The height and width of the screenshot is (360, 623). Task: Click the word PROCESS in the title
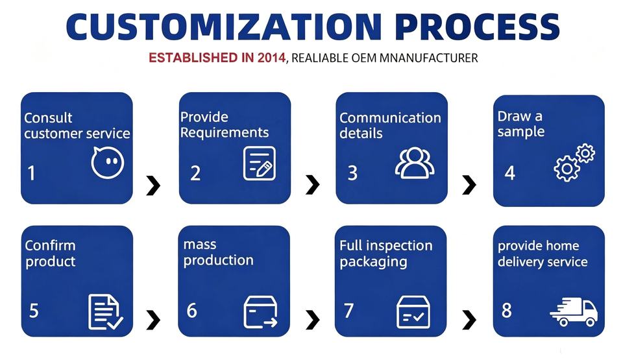477,27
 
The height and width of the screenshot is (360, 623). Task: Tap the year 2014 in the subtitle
271,58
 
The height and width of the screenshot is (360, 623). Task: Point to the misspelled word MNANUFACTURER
428,58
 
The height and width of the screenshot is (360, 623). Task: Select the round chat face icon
107,162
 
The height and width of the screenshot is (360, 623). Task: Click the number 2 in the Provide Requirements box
195,173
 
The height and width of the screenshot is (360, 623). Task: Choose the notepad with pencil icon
260,163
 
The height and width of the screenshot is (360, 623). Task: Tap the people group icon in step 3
415,163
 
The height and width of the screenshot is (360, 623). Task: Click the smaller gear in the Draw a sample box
585,153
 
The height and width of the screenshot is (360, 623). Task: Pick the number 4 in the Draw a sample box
510,173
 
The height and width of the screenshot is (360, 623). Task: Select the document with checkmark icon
105,312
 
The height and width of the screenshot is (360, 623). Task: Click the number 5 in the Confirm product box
34,311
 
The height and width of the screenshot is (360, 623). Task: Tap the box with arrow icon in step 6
260,312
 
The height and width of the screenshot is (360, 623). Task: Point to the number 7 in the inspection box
349,311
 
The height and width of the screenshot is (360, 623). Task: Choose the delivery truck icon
574,312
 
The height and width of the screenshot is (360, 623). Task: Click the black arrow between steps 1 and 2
153,185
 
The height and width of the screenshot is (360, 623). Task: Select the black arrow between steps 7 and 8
469,320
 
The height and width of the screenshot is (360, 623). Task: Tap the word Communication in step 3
390,118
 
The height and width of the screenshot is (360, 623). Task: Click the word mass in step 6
200,245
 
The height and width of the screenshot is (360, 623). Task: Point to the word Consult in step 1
48,118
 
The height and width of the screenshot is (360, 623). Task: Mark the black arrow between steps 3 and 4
469,185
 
